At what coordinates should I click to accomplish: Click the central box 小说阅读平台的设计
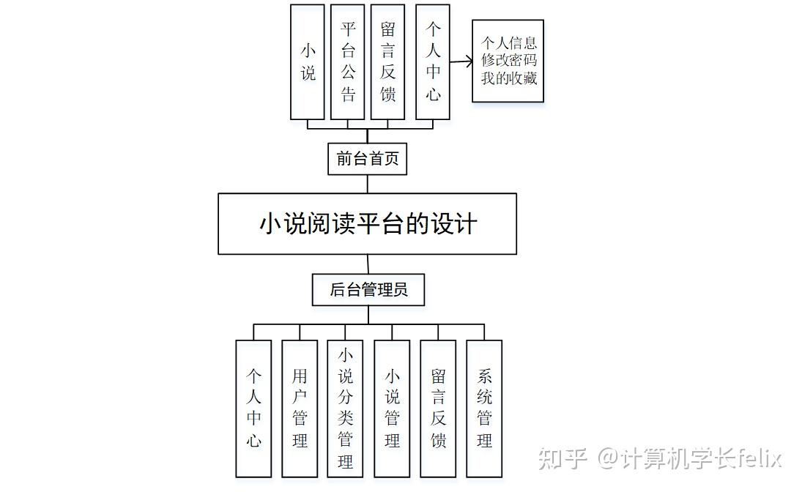pos(367,224)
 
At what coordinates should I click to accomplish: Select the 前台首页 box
pos(367,159)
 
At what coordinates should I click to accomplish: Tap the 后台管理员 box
pos(368,290)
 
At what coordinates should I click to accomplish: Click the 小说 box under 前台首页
pos(308,62)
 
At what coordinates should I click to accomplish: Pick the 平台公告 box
pos(348,62)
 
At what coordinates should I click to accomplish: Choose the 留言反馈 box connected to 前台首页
pos(388,62)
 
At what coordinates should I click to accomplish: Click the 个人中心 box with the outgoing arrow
pos(433,62)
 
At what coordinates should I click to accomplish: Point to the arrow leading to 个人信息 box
pos(461,62)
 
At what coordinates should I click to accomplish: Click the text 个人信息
pos(509,43)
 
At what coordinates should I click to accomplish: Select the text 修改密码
pos(509,61)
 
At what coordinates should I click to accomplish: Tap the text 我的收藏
pos(509,78)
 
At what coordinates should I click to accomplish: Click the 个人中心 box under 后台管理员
pos(253,409)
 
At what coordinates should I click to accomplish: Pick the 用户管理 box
pos(300,409)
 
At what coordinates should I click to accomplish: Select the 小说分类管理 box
pos(346,409)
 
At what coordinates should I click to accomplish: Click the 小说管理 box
pos(392,409)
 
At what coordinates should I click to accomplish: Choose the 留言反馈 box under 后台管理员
pos(438,409)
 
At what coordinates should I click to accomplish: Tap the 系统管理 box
pos(484,409)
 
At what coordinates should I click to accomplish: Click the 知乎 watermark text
pos(563,459)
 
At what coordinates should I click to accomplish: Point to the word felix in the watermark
pos(759,459)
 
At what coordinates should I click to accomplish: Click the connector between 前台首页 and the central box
pos(367,184)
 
